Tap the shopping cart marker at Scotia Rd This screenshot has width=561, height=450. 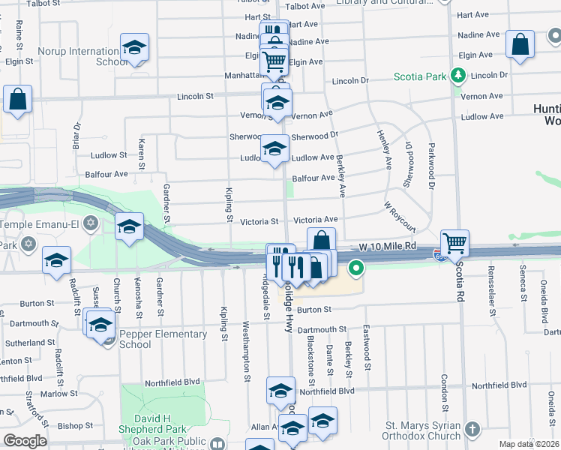click(x=454, y=243)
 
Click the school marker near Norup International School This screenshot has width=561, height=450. click(x=134, y=48)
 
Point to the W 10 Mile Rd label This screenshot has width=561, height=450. click(x=387, y=246)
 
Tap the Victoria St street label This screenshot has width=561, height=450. click(x=259, y=221)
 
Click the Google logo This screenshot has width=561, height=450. click(x=25, y=440)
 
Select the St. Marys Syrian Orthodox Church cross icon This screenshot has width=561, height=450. click(x=472, y=429)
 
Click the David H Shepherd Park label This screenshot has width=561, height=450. click(x=160, y=418)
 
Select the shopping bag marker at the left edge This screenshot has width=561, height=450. click(x=17, y=99)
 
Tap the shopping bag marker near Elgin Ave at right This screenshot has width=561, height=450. click(x=520, y=44)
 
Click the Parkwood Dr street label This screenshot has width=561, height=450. click(x=432, y=173)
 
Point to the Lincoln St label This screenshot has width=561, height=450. click(x=196, y=96)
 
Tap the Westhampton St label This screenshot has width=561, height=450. click(x=245, y=352)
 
